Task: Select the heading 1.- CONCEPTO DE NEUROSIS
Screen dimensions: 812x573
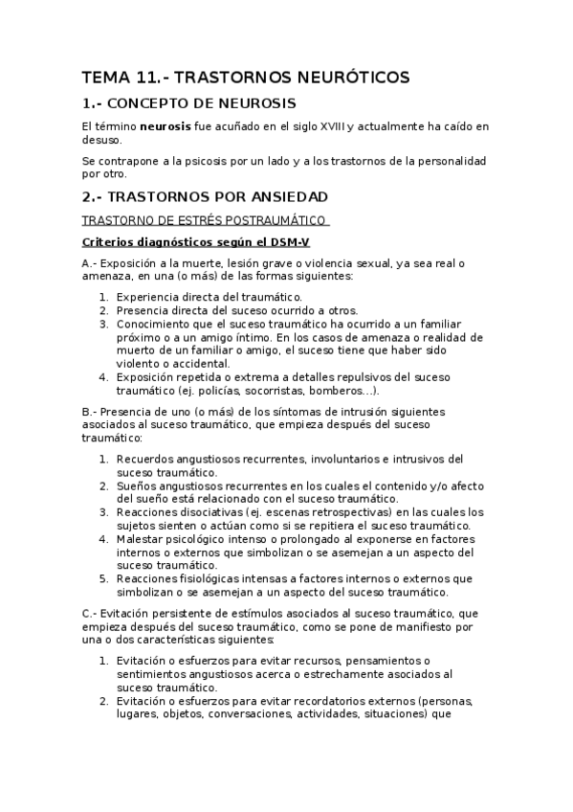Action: click(x=189, y=103)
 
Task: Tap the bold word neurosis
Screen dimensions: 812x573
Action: click(x=164, y=126)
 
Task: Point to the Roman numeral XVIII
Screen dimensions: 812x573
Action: click(x=333, y=126)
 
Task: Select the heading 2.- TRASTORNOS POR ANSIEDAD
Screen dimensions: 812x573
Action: click(x=205, y=196)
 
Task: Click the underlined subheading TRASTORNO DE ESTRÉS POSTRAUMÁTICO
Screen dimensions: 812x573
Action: click(x=205, y=220)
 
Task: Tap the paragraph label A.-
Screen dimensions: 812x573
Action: click(x=89, y=263)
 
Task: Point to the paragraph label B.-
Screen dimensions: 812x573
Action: click(x=89, y=412)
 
